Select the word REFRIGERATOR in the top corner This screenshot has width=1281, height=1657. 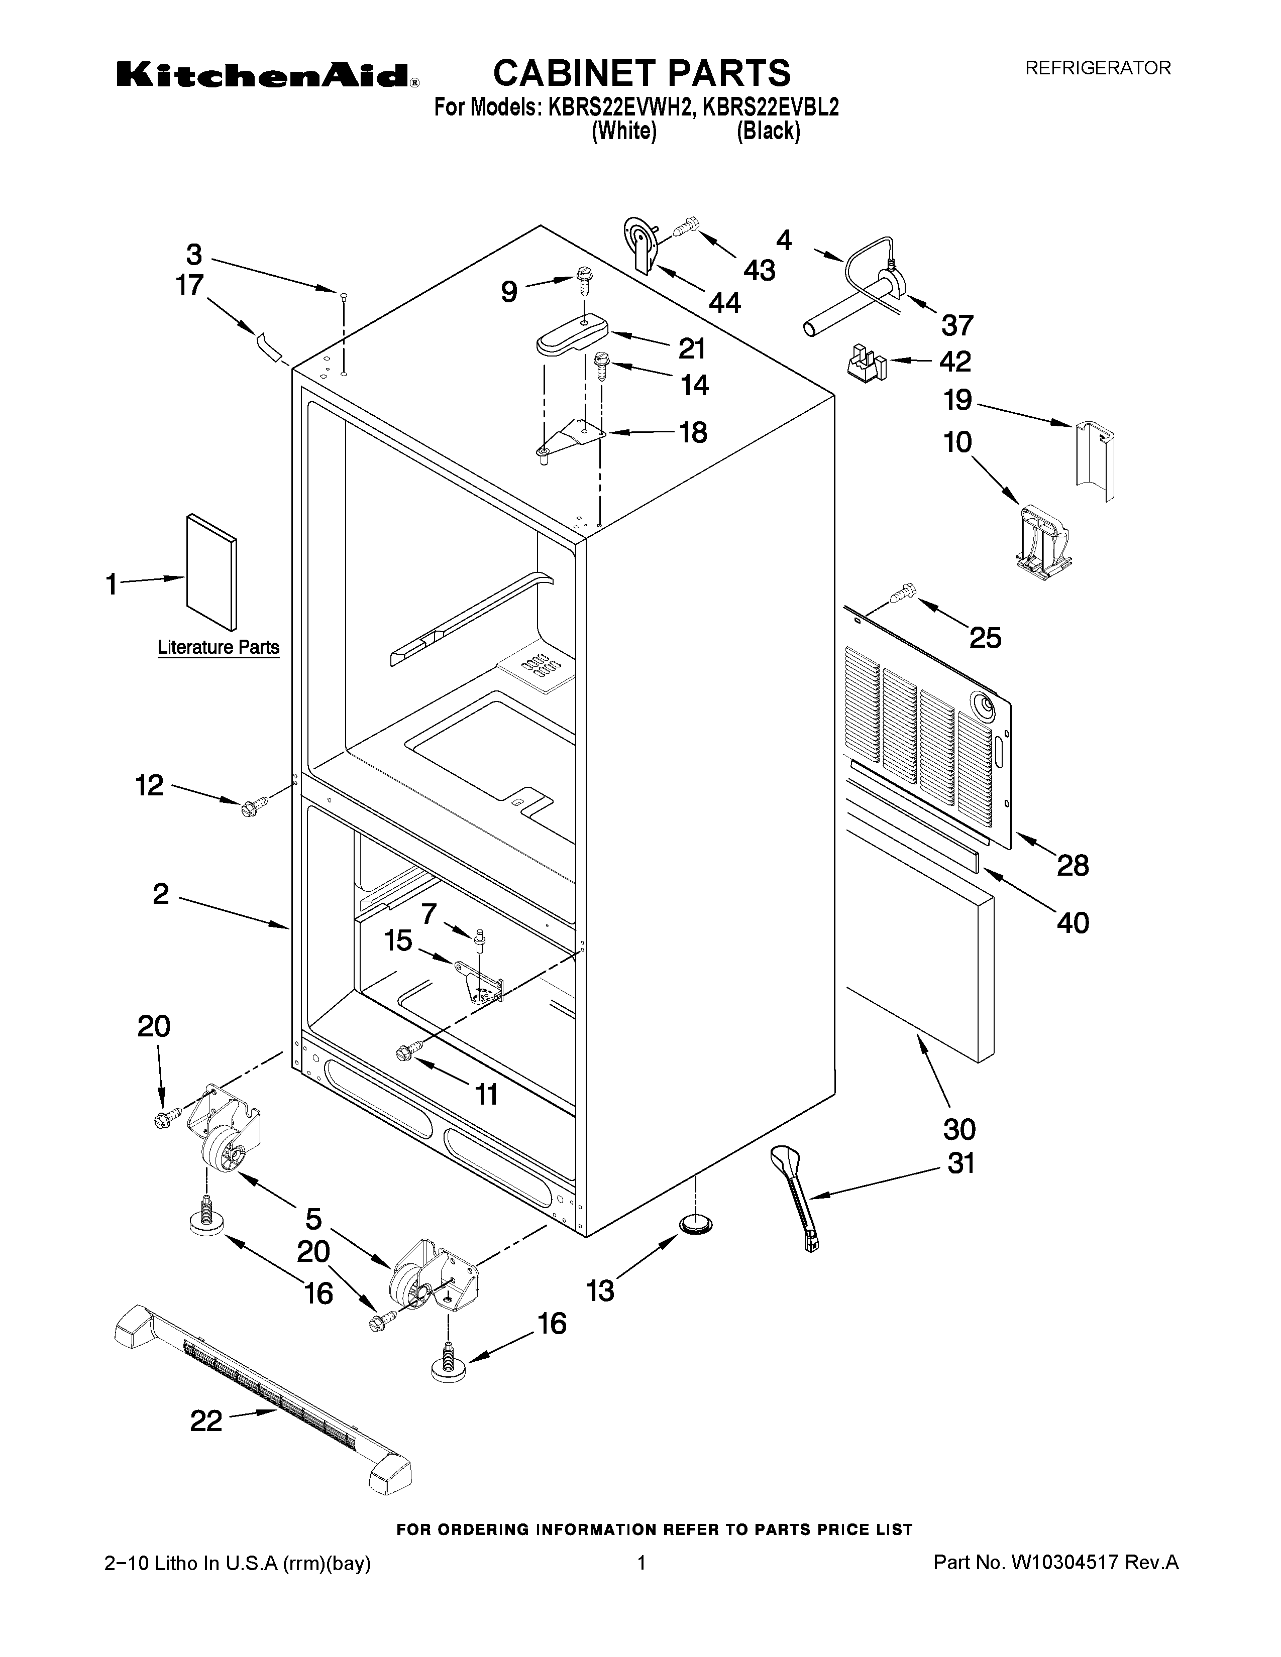pyautogui.click(x=1098, y=68)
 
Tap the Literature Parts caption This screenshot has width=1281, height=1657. pyautogui.click(x=219, y=647)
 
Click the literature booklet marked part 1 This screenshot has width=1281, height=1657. pyautogui.click(x=211, y=573)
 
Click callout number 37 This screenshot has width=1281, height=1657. pyautogui.click(x=957, y=325)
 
